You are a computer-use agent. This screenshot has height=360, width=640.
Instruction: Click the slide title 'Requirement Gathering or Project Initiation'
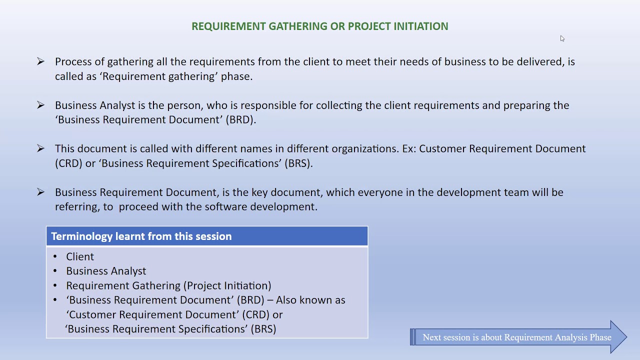pos(319,26)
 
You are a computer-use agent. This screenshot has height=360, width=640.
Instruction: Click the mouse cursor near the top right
pos(562,38)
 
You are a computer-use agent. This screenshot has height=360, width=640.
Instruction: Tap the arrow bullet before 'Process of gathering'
pos(40,61)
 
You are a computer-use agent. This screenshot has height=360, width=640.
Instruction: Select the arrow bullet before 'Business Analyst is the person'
pos(40,105)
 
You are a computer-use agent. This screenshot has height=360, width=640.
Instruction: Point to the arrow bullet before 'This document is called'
pos(40,148)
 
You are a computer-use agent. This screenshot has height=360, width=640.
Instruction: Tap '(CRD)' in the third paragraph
pos(68,163)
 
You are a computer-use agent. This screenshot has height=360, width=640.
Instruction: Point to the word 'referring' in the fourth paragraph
pos(76,207)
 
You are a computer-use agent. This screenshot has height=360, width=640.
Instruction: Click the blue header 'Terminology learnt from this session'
pos(141,236)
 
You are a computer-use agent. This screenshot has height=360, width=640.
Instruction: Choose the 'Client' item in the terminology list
pos(80,256)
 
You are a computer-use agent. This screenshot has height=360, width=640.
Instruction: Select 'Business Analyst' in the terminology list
pos(106,271)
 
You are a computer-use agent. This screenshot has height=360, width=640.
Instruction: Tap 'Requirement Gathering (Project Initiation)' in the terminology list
pos(168,285)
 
